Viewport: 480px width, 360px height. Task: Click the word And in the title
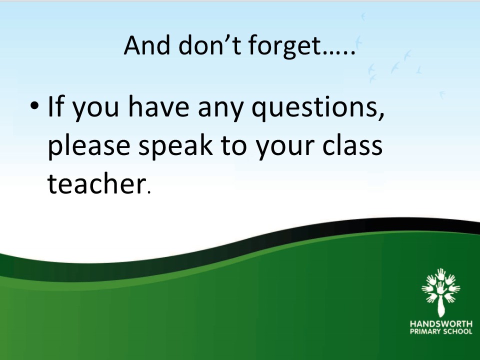(x=146, y=45)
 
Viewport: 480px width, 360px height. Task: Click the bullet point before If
(x=34, y=105)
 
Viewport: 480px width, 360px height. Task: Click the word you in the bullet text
(x=95, y=109)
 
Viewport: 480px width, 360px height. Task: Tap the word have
(x=158, y=106)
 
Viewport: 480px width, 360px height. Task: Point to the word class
(x=352, y=145)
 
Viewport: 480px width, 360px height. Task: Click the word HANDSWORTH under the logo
(x=441, y=324)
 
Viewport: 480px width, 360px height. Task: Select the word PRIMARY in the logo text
(x=423, y=331)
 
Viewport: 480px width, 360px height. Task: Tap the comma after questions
(x=381, y=116)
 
